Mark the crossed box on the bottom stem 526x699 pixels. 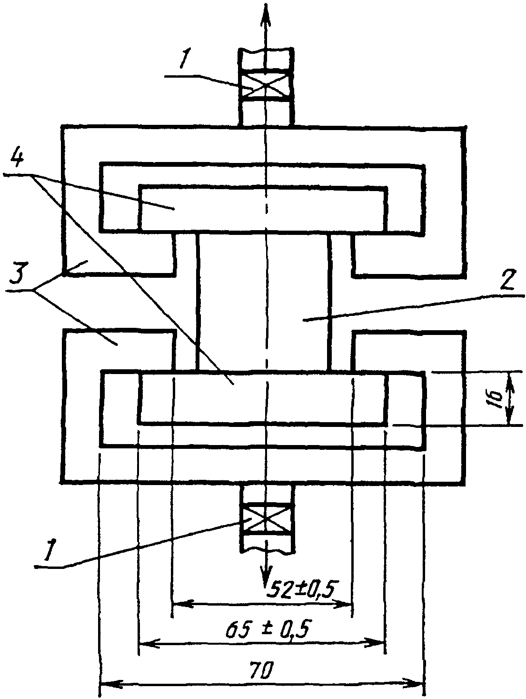(267, 517)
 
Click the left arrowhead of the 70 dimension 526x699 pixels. (107, 684)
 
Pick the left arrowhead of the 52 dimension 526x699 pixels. (179, 604)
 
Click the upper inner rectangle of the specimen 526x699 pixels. (262, 209)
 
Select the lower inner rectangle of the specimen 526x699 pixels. (262, 397)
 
